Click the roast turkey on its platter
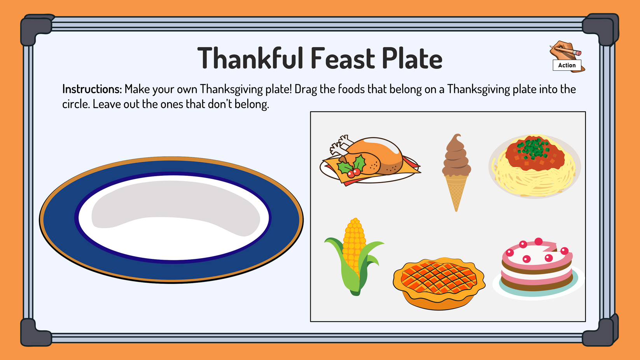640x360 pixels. [x=370, y=160]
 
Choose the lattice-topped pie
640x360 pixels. [x=439, y=283]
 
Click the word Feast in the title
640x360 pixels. [x=343, y=58]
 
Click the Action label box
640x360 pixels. [x=567, y=65]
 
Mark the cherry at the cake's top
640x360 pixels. [x=539, y=241]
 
